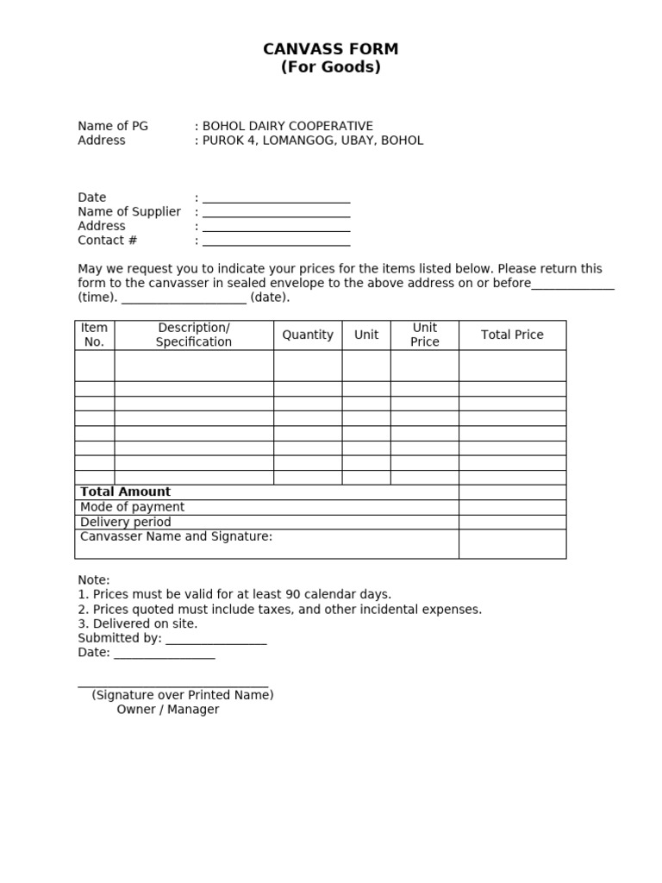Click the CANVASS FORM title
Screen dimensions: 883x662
(330, 49)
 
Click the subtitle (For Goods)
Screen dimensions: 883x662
(330, 67)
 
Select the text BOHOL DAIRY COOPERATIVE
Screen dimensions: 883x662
(287, 126)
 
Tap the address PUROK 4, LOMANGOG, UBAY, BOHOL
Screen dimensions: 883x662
(313, 141)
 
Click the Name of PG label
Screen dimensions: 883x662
(113, 126)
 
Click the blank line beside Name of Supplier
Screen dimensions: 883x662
(276, 213)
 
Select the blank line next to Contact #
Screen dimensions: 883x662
(276, 241)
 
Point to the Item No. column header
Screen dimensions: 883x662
(94, 335)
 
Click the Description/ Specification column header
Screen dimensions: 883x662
(194, 335)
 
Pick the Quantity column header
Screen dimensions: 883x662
(308, 335)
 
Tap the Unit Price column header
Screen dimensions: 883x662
(424, 335)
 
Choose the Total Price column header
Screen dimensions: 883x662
(512, 335)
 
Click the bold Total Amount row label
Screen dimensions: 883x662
(125, 492)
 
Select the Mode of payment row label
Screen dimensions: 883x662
(132, 507)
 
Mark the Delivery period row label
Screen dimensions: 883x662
(126, 522)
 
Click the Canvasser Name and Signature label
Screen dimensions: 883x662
(176, 536)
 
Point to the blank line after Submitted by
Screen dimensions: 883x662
(215, 640)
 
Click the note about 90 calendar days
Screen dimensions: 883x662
(234, 594)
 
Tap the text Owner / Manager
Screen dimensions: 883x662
(168, 710)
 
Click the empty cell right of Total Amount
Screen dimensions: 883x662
(512, 492)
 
